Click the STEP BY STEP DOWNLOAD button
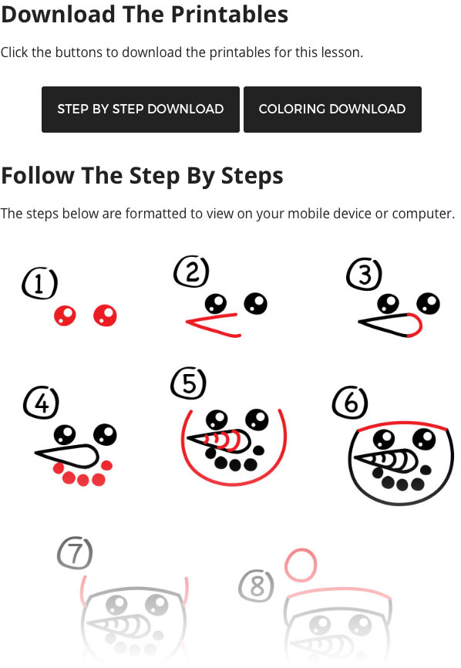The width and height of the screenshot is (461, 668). pos(140,110)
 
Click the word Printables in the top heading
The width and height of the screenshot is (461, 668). pos(230,15)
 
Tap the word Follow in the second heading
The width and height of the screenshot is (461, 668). pos(38,176)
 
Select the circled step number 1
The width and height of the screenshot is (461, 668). pos(39,283)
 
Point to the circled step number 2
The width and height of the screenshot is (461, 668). pos(191,272)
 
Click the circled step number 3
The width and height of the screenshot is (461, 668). pos(365,274)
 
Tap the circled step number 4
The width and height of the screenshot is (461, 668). pos(42,403)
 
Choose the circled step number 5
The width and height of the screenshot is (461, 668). pos(189,383)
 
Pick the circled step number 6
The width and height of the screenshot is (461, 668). pos(350,403)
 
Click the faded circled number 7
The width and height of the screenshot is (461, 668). pos(75,553)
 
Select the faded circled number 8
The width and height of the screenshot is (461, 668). pos(256,586)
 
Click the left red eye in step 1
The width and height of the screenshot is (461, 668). pos(65,315)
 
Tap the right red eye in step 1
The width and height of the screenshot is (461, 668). pos(105,315)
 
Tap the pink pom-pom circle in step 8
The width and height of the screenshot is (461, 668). pos(301,565)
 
